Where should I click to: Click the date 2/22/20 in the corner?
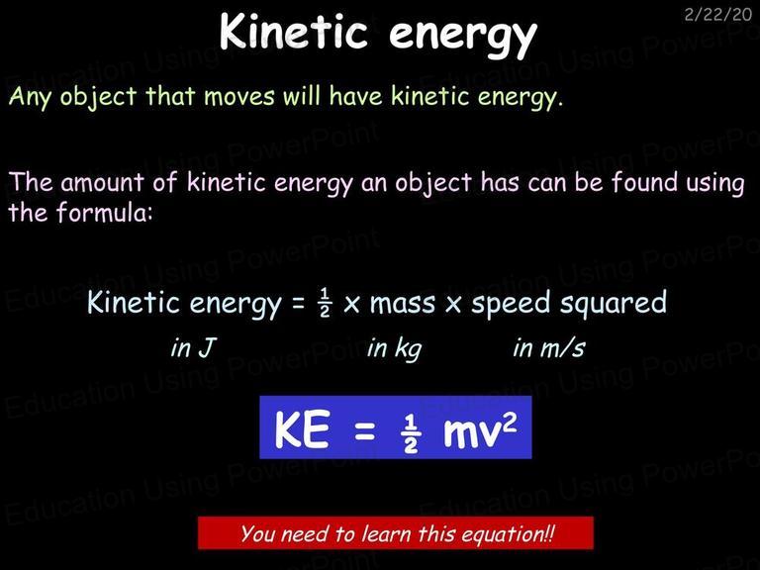[717, 15]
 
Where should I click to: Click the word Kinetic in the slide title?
[294, 31]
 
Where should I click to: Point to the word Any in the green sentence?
[30, 97]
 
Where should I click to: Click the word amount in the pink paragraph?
[102, 183]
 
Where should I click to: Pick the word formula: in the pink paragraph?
[104, 212]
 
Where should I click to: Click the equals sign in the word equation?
[298, 303]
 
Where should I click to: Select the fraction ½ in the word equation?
[325, 302]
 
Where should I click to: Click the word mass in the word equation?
[403, 304]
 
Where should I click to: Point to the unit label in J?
[192, 347]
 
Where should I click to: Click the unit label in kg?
[394, 348]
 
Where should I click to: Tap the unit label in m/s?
[549, 347]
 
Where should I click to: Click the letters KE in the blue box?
[303, 427]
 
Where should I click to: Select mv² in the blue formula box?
[480, 429]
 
